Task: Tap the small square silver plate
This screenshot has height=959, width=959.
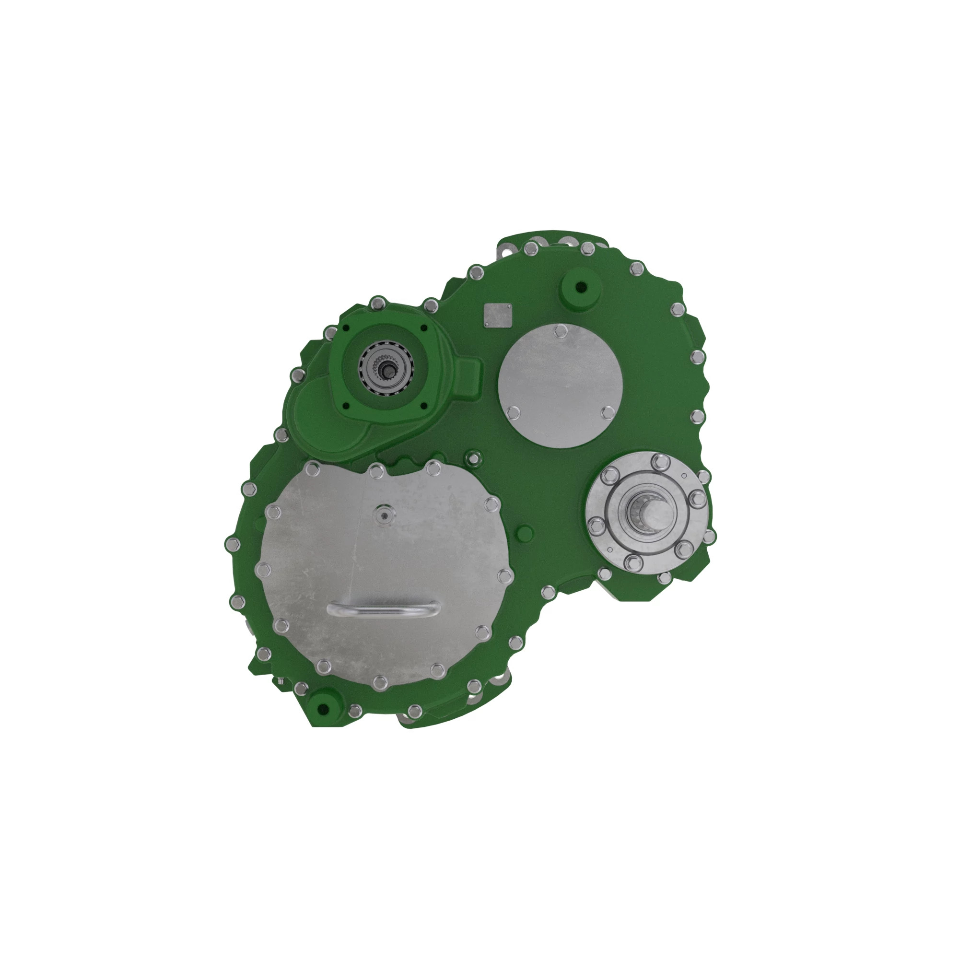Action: [498, 315]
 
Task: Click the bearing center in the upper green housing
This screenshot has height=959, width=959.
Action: [386, 369]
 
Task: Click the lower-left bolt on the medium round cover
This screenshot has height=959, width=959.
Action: [514, 411]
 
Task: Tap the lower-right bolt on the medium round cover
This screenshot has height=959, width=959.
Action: [607, 412]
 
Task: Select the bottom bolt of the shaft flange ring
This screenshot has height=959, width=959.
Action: [632, 562]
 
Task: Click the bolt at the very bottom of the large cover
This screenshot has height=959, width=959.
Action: [380, 682]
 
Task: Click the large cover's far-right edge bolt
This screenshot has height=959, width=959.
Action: [505, 576]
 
